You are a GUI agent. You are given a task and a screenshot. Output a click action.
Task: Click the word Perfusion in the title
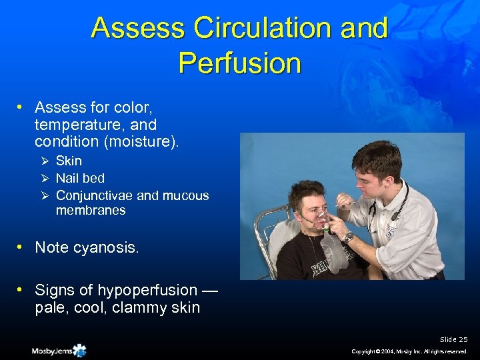pyautogui.click(x=240, y=63)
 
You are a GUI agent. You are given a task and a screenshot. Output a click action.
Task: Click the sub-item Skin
pyautogui.click(x=69, y=161)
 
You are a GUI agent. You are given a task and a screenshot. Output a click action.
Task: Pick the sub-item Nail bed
pyautogui.click(x=80, y=178)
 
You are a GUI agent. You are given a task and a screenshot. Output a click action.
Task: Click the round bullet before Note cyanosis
pyautogui.click(x=22, y=247)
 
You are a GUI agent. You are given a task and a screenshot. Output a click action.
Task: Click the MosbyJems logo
pyautogui.click(x=59, y=350)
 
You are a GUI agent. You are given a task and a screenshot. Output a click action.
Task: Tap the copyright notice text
pyautogui.click(x=411, y=351)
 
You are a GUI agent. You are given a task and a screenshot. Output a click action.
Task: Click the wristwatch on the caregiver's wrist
pyautogui.click(x=347, y=237)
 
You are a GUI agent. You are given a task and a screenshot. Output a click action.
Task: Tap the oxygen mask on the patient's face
pyautogui.click(x=323, y=220)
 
